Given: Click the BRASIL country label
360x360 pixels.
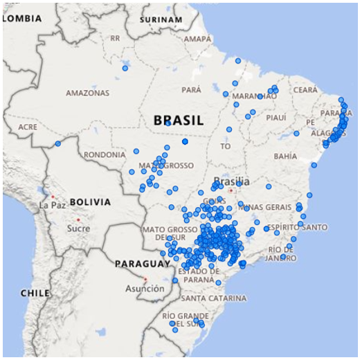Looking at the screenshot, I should [179, 120].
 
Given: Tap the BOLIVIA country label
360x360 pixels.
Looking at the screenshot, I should [89, 202].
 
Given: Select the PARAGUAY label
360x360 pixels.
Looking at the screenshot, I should [142, 264].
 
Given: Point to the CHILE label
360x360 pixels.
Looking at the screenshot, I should [34, 293].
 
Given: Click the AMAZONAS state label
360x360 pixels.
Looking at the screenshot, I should [87, 93].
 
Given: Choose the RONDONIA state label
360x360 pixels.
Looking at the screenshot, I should [105, 155].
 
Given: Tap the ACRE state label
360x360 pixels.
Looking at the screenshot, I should [28, 127].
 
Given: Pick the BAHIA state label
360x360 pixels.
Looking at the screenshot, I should [285, 156].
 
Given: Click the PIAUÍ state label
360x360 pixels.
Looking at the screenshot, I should [276, 118].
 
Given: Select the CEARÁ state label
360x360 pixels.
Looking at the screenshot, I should [305, 90].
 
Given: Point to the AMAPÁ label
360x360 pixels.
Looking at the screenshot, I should [197, 39].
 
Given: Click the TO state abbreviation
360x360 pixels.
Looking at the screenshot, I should [225, 147].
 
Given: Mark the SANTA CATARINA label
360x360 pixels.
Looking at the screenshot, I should [213, 298].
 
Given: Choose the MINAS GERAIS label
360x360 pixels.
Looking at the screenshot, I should [269, 207].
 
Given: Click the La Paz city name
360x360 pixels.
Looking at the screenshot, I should [52, 206].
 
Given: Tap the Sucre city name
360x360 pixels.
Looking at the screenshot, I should [78, 228].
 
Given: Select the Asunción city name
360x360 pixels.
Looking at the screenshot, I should [145, 289].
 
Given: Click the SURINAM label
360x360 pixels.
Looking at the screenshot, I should [160, 19].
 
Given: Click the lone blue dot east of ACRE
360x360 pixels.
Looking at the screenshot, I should [57, 144].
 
